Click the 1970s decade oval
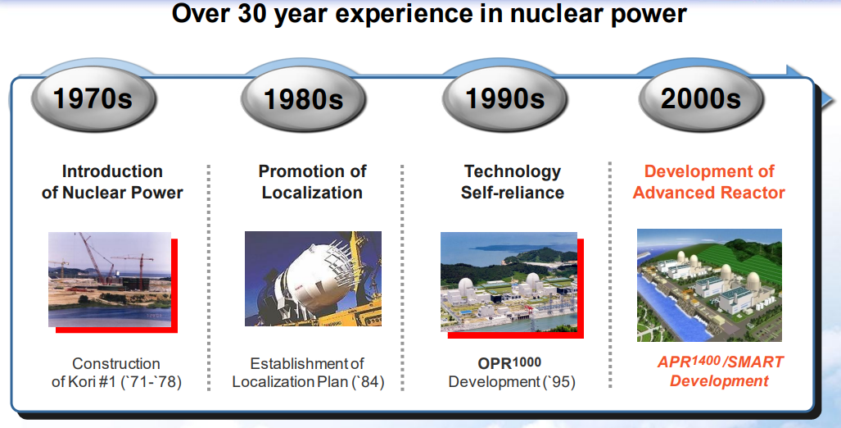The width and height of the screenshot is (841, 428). pos(93,99)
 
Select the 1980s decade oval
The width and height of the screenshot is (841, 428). pos(303,100)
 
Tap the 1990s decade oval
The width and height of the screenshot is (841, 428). pos(504,99)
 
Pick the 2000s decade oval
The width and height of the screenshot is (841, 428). pos(700,99)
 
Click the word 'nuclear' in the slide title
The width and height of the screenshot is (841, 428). pos(558,13)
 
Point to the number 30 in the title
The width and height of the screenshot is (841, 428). pos(252,13)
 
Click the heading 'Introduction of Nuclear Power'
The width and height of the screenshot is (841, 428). pos(112,182)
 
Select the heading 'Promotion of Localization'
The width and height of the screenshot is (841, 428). pos(312,182)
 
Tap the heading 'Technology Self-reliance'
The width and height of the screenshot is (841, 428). pos(513,182)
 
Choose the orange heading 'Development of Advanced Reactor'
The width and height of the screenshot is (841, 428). pos(709,182)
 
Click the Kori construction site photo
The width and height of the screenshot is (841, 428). pos(110,280)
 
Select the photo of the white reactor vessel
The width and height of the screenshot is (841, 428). pos(314,279)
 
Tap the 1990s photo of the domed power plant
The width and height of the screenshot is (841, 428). pos(509,282)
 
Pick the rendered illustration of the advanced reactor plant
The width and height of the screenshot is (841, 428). pos(709,285)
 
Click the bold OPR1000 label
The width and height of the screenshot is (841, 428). pos(509,363)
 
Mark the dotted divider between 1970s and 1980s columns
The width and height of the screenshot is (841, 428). pos(209,278)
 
